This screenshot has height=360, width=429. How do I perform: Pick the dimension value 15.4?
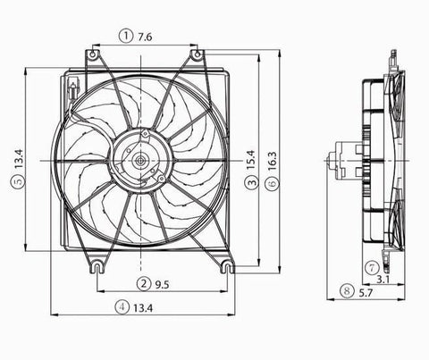(x=252, y=161)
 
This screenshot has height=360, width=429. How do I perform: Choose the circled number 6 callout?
(x=273, y=183)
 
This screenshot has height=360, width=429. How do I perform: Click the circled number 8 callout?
(x=347, y=290)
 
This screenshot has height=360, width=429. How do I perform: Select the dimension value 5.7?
(x=368, y=290)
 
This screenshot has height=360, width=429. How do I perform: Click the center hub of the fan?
(x=140, y=161)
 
